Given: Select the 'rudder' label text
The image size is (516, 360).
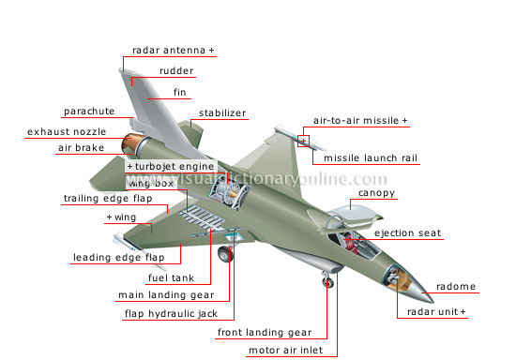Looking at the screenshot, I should click(176, 71).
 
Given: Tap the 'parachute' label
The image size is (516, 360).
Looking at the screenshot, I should click(89, 111).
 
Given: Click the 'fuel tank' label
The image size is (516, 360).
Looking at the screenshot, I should click(171, 277).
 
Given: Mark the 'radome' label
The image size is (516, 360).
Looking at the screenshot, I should click(456, 286).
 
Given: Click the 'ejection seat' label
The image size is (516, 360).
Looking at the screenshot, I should click(408, 233).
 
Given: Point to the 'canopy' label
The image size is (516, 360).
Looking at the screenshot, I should click(376, 193).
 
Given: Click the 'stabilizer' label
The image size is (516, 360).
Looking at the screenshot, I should click(222, 113).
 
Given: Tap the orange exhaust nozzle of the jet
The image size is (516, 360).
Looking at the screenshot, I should click(130, 143).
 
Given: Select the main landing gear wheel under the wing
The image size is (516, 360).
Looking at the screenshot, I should click(225, 253).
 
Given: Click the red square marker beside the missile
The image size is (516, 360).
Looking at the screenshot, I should click(303, 141).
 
